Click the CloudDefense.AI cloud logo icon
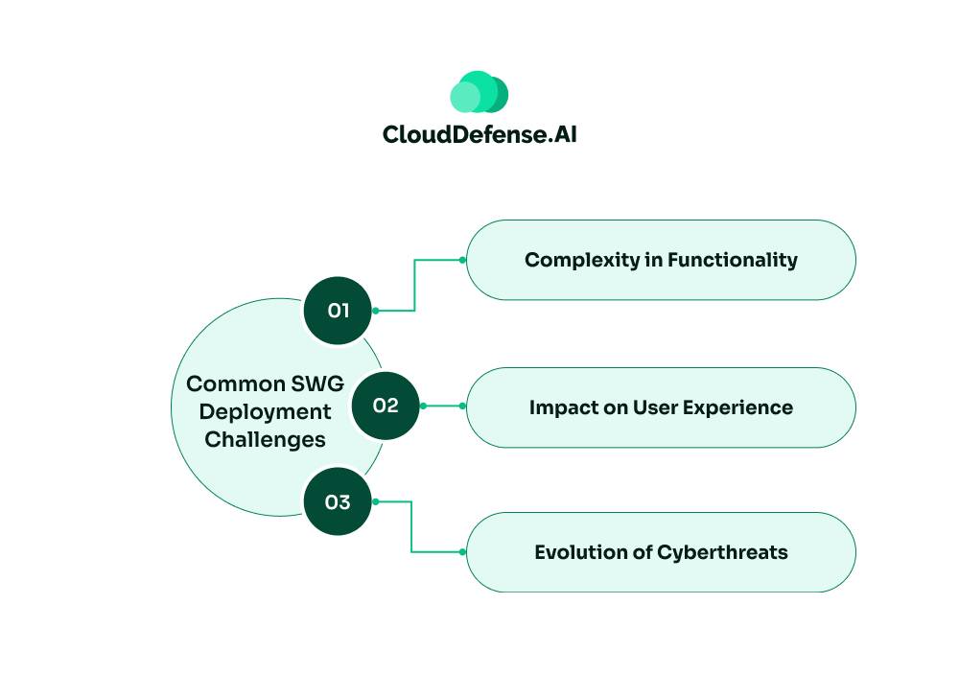(479, 92)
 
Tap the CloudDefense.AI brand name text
(479, 134)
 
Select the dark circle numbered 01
(338, 311)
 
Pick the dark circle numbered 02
(386, 406)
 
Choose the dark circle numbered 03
(338, 501)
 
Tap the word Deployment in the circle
(266, 412)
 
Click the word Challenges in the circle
(266, 440)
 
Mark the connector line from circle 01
(414, 286)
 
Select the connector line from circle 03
(411, 527)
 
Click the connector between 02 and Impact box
(442, 406)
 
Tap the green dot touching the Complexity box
(462, 260)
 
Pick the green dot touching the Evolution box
(462, 552)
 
